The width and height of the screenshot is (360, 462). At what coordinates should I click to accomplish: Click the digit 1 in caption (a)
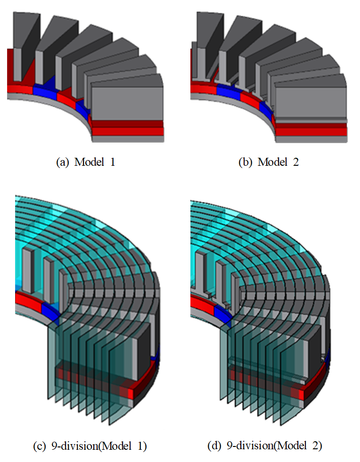112,162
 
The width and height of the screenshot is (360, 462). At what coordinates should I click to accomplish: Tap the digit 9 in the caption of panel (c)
54,446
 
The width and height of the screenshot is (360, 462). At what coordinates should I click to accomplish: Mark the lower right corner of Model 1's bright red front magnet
164,136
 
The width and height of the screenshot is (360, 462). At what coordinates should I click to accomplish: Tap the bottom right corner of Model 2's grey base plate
347,143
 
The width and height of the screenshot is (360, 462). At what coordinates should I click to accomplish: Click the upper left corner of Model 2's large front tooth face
276,88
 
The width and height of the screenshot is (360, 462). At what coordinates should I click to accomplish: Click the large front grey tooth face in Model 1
127,104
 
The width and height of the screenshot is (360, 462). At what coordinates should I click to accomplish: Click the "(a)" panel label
62,162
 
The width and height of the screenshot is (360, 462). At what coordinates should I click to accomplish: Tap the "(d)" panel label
214,446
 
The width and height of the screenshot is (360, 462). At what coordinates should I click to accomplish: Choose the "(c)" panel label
40,446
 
